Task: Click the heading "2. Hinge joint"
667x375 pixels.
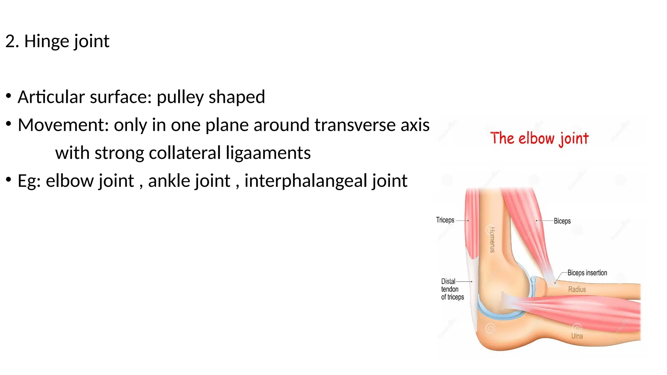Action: click(57, 41)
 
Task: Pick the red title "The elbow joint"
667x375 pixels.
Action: click(539, 139)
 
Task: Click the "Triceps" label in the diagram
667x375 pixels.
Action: click(445, 220)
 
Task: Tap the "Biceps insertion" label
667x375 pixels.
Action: click(587, 273)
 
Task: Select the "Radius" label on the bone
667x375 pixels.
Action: click(577, 289)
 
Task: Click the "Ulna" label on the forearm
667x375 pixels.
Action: click(577, 336)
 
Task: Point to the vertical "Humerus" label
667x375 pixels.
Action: click(492, 240)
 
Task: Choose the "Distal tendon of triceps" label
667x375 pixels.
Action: click(452, 289)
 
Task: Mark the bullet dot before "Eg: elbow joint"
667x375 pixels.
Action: click(8, 179)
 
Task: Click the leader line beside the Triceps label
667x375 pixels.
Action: click(462, 220)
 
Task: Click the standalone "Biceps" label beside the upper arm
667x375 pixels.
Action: click(562, 221)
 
